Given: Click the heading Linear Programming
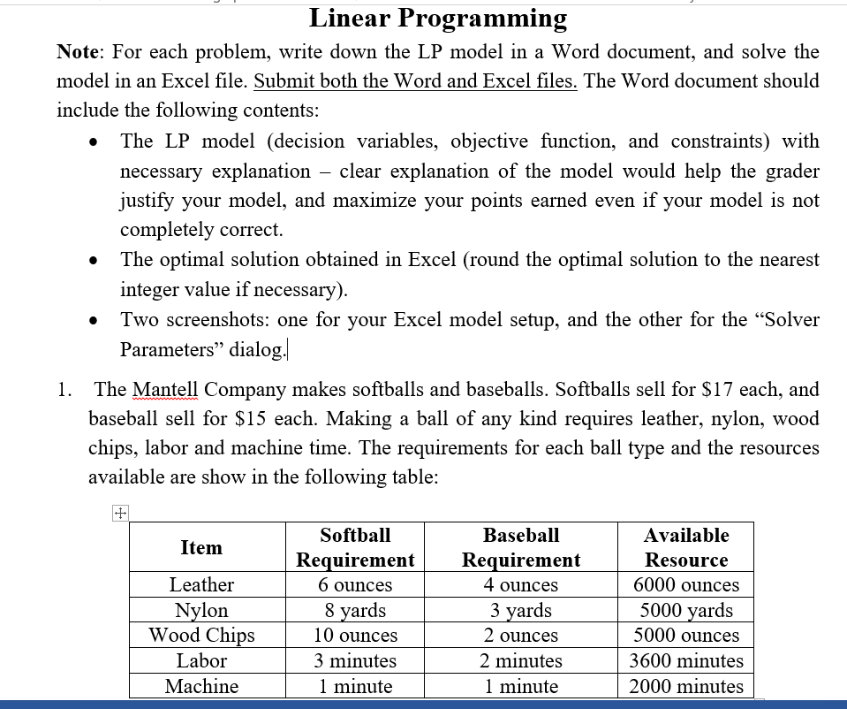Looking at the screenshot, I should [x=438, y=18].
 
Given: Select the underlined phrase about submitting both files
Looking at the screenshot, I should [x=415, y=80].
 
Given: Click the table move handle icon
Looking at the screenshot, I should [x=120, y=513].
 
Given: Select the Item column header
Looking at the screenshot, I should [x=201, y=547].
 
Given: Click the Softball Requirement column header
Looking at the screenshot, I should [x=355, y=547].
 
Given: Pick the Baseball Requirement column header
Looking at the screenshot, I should [x=521, y=547].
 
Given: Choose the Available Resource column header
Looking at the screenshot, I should [x=686, y=547].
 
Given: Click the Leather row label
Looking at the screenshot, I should [x=201, y=584].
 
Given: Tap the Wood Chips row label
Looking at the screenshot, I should [x=201, y=635].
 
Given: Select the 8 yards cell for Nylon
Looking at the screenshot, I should [x=355, y=610].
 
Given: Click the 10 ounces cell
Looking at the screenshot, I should [x=355, y=635].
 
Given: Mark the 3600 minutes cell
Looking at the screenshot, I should [x=686, y=660].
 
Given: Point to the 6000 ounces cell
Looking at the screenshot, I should [x=686, y=584].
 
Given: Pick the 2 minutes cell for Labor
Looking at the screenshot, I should [x=521, y=660].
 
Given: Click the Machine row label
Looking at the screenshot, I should [x=201, y=686].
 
